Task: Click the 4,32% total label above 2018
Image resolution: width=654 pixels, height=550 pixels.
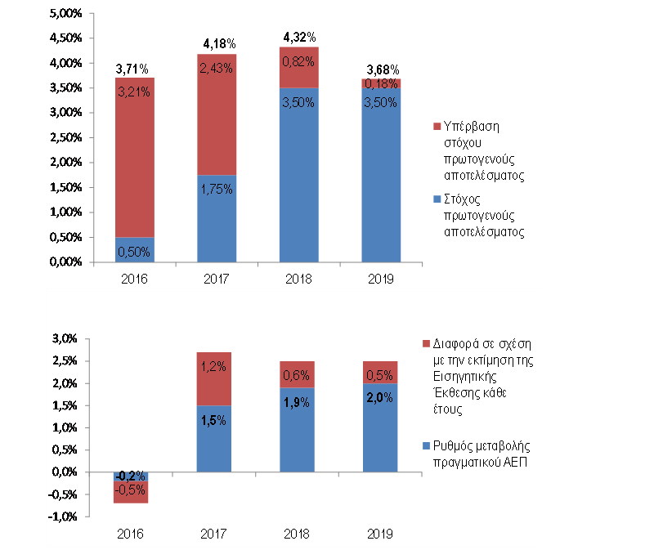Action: click(298, 37)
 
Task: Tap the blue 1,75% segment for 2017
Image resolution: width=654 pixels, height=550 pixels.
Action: click(217, 218)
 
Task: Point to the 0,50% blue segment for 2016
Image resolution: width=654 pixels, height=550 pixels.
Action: click(135, 250)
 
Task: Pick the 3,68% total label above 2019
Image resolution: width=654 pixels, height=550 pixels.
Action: click(380, 69)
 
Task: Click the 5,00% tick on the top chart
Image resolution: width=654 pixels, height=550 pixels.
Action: click(66, 13)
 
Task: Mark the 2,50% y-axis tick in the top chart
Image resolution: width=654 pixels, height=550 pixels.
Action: click(66, 137)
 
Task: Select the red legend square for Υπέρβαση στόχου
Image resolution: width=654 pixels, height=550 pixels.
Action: click(435, 127)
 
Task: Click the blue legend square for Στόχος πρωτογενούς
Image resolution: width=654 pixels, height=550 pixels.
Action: click(435, 198)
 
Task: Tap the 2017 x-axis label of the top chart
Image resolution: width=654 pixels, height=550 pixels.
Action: click(217, 279)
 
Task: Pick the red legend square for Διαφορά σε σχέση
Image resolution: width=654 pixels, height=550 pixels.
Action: click(423, 342)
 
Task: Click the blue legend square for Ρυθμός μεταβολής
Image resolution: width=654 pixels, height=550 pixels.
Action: click(423, 446)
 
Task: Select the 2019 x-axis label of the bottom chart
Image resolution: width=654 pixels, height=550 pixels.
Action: click(380, 534)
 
